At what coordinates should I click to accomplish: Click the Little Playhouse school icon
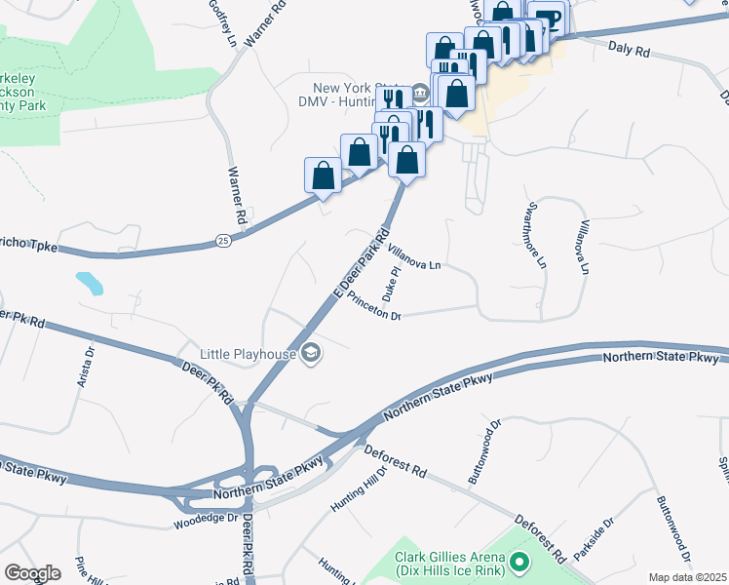click(x=312, y=352)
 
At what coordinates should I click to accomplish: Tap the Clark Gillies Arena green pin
click(x=518, y=562)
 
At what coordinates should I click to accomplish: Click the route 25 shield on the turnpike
click(x=222, y=240)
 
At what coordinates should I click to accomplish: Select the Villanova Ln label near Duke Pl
click(x=414, y=256)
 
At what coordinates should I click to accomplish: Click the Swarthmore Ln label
click(x=535, y=235)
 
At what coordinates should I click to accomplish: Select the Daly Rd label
click(x=628, y=49)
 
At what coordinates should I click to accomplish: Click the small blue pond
click(x=89, y=284)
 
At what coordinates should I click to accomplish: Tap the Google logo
click(x=32, y=573)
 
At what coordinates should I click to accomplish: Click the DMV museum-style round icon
click(x=421, y=94)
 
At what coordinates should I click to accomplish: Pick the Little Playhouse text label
click(x=248, y=353)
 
